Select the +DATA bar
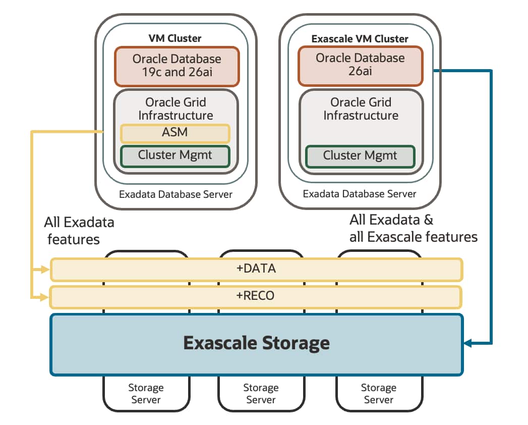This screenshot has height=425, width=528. coord(256,269)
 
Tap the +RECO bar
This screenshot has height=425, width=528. coord(256,296)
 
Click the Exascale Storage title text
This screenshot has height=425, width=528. coord(256,343)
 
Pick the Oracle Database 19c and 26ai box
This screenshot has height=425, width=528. coord(177,66)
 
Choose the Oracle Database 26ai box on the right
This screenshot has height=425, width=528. coord(360,65)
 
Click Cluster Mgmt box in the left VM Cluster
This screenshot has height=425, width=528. coord(175,155)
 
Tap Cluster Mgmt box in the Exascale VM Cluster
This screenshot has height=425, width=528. coord(360,155)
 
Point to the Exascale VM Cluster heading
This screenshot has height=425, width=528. coord(360,39)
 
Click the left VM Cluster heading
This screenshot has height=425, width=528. coord(175,38)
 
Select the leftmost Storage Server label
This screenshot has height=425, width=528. coord(146,394)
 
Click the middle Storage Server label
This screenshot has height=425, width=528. coord(261,394)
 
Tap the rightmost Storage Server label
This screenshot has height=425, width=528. coord(378,394)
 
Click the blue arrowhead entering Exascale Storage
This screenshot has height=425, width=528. coord(467,343)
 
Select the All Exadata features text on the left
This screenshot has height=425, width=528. coord(80,230)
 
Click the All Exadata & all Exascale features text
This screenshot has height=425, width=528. coord(413,228)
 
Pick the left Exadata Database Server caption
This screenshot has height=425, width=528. coord(175,194)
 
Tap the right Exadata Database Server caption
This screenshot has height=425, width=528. coord(360,194)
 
